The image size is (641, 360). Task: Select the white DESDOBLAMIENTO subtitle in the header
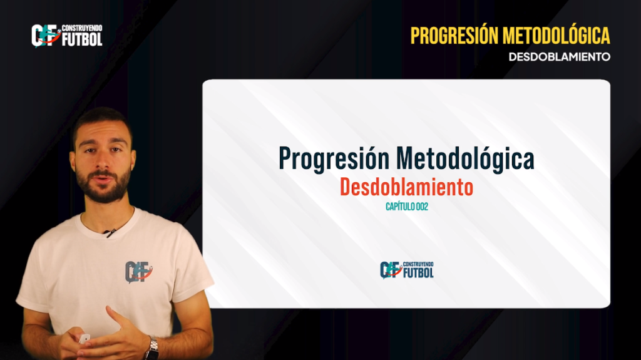[559, 57]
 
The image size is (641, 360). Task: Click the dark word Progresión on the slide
[334, 159]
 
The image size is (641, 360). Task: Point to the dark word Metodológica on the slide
[465, 159]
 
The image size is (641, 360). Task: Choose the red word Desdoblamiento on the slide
[406, 187]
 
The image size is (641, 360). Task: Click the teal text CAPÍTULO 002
[407, 207]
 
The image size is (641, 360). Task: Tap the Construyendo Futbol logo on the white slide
[407, 270]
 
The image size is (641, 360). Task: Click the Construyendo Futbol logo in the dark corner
[67, 36]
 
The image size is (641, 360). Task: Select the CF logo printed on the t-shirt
[138, 272]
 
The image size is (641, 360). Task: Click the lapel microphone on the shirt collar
[110, 233]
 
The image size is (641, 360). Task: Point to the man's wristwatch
[152, 349]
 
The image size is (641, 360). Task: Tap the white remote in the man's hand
[84, 339]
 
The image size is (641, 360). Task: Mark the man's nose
[101, 162]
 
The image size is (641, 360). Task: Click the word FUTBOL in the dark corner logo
[82, 39]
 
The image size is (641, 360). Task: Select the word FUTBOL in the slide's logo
[419, 273]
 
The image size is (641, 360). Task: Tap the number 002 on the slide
[422, 207]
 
